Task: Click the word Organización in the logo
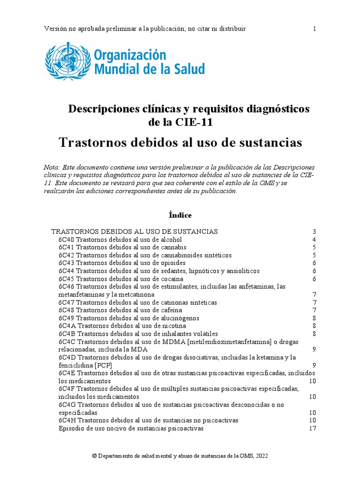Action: (130, 55)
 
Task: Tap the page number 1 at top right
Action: (315, 29)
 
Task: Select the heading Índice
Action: (180, 215)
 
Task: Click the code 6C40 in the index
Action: (67, 240)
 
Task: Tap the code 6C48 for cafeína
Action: (67, 310)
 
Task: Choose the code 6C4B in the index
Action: (67, 334)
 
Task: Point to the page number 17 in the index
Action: (313, 428)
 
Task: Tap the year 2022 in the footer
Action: (261, 456)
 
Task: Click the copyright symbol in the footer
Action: (94, 456)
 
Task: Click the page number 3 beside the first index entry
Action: (315, 232)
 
